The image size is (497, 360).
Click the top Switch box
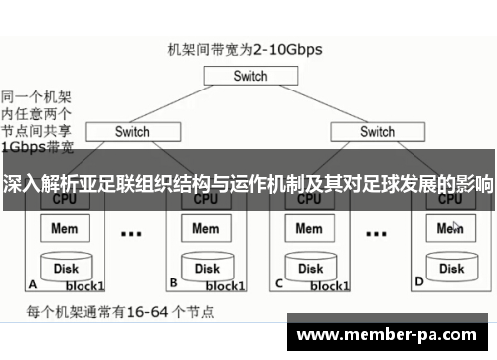[x=250, y=76]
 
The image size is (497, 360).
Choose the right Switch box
[x=377, y=131]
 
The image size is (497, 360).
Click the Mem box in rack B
[x=205, y=228]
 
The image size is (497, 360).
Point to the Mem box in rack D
[x=451, y=228]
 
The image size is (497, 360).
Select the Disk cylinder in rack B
[x=206, y=268]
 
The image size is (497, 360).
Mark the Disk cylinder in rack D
[x=452, y=268]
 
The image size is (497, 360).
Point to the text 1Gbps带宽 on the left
[x=37, y=148]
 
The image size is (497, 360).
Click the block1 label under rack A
[x=85, y=285]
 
